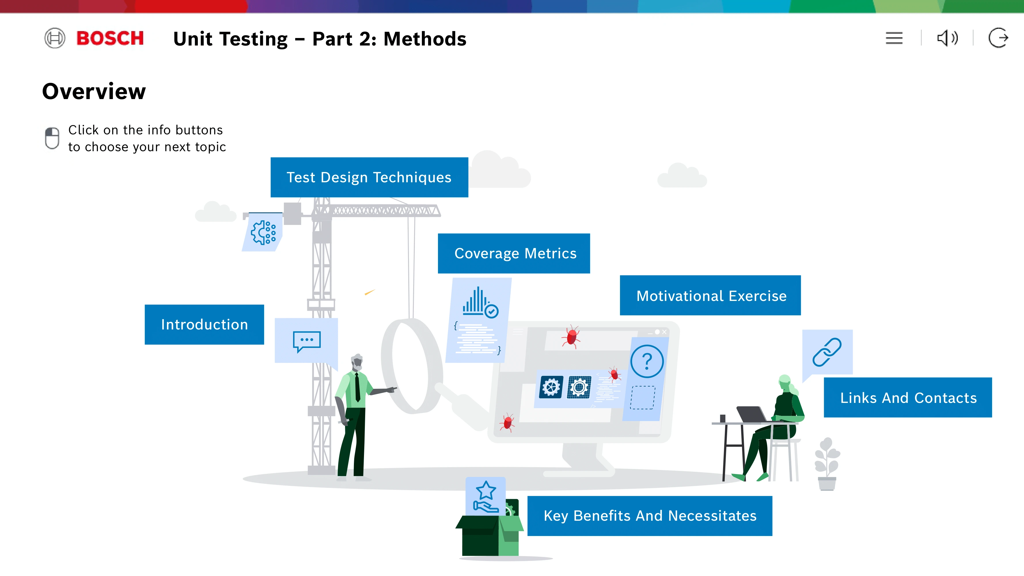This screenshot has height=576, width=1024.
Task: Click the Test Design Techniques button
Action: pos(369,177)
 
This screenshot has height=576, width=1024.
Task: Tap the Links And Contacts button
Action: pos(908,397)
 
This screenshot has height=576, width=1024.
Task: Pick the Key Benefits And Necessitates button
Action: pos(650,516)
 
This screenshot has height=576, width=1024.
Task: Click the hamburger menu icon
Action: pos(894,38)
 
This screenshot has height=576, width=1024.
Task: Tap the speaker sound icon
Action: pos(947,38)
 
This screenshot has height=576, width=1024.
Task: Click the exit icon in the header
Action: pos(998,38)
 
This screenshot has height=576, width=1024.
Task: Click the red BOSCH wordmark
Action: pos(110,38)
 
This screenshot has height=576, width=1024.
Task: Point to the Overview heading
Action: pos(94,91)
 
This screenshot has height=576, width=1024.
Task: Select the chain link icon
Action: pos(827,352)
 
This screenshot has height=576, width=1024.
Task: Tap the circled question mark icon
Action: pos(647,361)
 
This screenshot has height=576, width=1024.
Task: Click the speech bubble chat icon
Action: pos(306,341)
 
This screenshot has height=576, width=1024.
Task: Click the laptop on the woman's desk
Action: pos(751,414)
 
